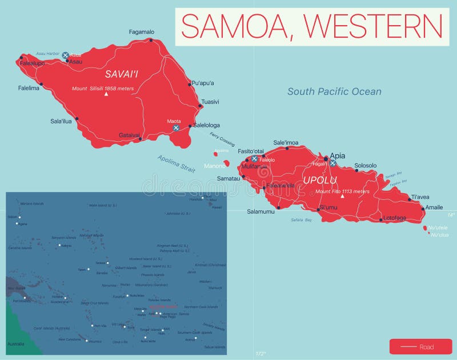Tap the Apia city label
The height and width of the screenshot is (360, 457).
coord(338,155)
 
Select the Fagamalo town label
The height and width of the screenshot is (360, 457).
coord(142,32)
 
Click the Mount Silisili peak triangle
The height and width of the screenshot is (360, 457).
coord(106,94)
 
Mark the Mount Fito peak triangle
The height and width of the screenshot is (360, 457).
coord(343,197)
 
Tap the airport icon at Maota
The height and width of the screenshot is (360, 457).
coord(176,128)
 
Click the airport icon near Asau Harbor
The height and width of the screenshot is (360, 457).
coord(65,55)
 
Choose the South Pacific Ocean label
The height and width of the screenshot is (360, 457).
coord(334,91)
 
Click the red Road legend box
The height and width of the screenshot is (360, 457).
coord(420,346)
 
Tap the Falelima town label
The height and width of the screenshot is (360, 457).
coord(29,88)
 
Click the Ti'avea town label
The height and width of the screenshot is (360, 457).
coord(420,197)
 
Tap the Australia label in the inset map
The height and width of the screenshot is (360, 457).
coord(16,344)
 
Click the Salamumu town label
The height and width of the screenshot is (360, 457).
coord(260,211)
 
